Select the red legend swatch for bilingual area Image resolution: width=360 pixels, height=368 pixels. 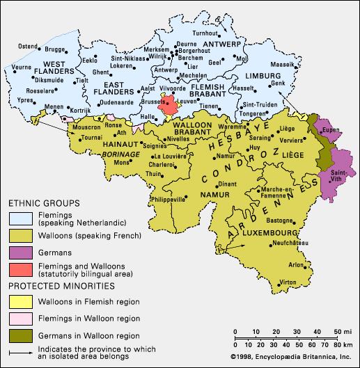18,269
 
